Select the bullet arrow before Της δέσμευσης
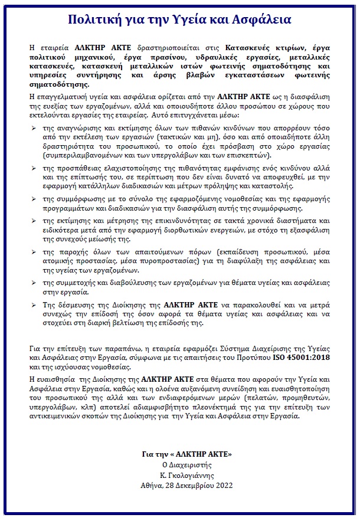(33, 304)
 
